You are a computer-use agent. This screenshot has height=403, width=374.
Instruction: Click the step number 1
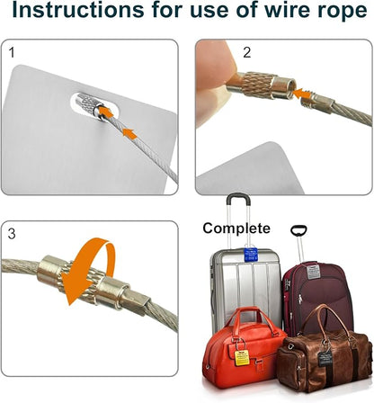pos(12,52)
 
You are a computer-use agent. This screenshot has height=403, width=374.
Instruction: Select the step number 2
pos(246,52)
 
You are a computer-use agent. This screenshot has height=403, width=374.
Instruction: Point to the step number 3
pos(12,234)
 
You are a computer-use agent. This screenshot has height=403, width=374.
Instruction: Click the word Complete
pos(236,228)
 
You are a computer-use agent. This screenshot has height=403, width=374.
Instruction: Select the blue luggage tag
pos(251,255)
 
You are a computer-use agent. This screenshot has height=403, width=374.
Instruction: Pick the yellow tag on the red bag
pos(242,357)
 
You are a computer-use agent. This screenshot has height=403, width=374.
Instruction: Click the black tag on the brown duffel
pos(325,359)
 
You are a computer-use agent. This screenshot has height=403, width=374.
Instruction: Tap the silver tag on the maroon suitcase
pos(312,272)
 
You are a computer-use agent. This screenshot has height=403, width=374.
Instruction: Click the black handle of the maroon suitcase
pos(298,230)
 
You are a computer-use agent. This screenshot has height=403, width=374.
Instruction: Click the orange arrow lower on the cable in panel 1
pos(129,133)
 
